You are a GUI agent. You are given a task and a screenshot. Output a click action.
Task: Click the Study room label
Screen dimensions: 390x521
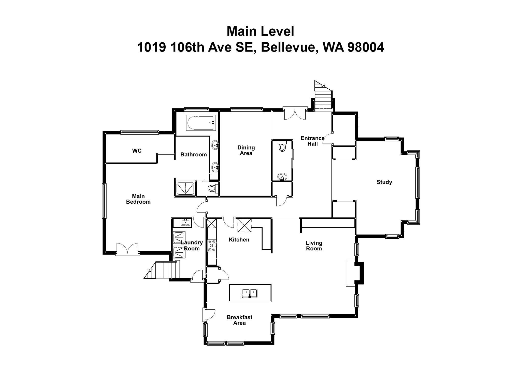click(384, 182)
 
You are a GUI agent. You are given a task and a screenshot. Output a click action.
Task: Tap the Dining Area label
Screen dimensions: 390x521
click(246, 150)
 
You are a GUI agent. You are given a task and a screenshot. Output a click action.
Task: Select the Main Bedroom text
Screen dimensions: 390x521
click(138, 199)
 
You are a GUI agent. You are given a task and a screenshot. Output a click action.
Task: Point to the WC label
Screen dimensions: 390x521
click(137, 151)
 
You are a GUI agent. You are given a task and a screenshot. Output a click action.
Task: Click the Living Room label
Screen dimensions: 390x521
click(314, 246)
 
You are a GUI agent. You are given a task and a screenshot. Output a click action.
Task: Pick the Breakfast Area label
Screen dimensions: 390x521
click(239, 320)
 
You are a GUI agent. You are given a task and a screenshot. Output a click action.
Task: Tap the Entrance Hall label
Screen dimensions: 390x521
click(312, 141)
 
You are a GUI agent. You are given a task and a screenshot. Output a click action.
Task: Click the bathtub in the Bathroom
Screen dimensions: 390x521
click(201, 123)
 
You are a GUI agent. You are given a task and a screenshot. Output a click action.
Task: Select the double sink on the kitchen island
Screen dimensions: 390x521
click(250, 293)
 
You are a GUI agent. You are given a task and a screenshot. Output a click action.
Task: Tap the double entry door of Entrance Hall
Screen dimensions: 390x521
click(295, 114)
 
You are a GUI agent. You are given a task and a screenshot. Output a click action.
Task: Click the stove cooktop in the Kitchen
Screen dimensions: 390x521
click(212, 245)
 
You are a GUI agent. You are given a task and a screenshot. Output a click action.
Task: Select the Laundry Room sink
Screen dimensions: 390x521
click(185, 223)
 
